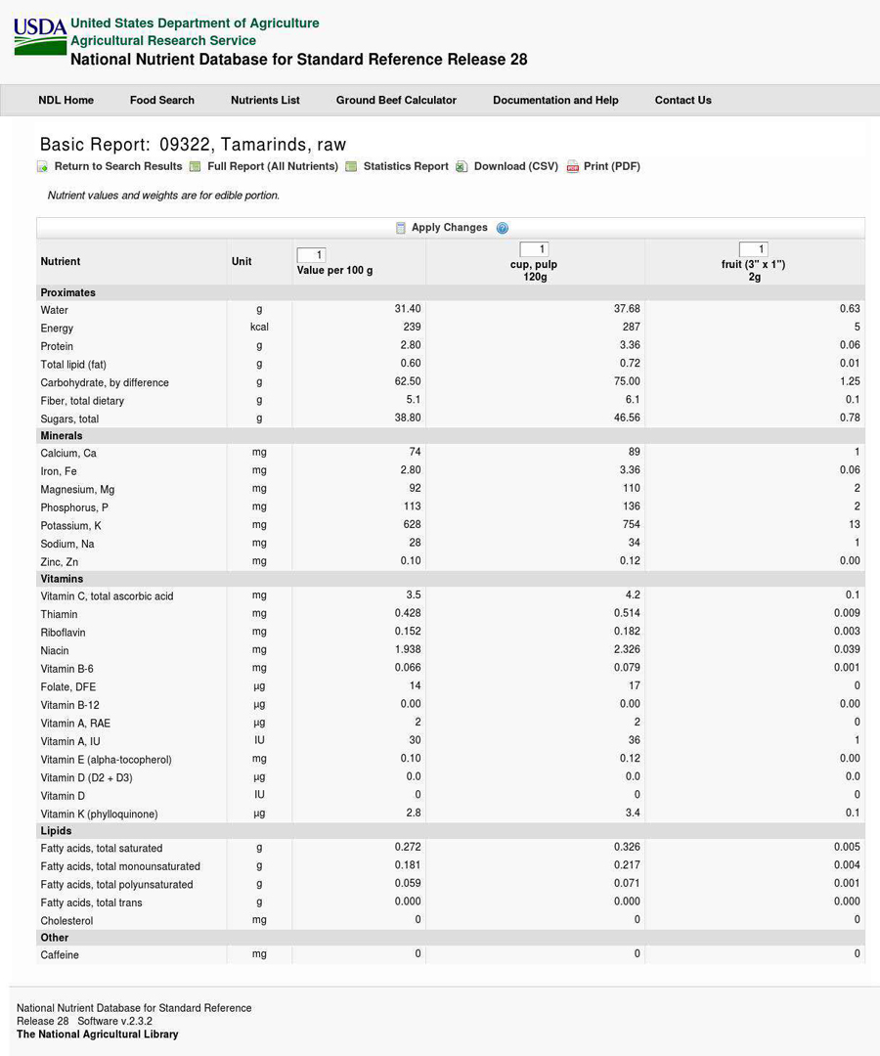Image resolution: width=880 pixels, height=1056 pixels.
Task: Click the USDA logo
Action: click(x=40, y=37)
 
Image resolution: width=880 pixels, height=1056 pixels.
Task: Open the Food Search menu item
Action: click(x=161, y=100)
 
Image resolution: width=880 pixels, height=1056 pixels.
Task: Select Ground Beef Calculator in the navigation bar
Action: click(x=396, y=100)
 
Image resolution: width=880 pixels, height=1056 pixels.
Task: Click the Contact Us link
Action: click(x=682, y=100)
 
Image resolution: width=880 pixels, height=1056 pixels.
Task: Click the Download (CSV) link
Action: click(x=515, y=166)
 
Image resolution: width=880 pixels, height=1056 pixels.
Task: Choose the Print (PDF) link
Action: click(x=611, y=166)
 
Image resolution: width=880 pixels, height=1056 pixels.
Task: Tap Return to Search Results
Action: click(x=117, y=166)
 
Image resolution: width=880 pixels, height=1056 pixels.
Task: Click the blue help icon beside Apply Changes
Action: click(x=503, y=228)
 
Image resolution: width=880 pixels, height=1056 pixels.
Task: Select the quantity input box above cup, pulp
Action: click(x=534, y=249)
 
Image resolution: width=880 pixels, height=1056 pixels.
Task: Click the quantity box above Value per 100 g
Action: click(x=311, y=255)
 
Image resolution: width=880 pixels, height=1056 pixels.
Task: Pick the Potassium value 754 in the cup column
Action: click(x=631, y=524)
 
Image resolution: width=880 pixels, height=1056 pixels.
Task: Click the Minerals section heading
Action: click(x=62, y=435)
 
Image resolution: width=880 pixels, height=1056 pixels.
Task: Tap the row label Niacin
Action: click(x=55, y=650)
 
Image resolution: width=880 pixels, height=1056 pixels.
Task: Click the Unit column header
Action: click(x=242, y=261)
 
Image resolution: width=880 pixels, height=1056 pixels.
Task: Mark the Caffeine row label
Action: click(x=60, y=954)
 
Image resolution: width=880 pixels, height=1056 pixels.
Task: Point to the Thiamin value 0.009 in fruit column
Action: click(x=847, y=613)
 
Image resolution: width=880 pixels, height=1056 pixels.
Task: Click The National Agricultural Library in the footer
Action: click(x=98, y=1034)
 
